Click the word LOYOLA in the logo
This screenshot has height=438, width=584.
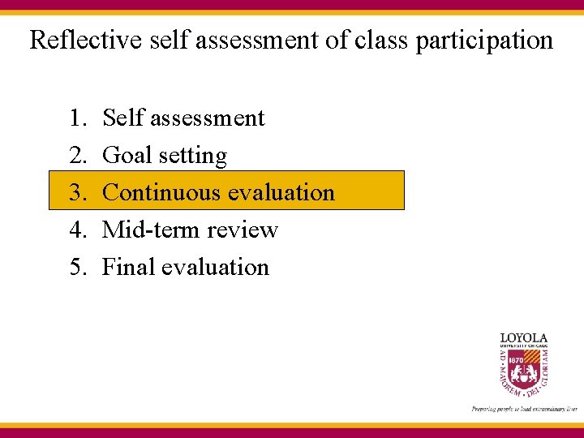pos(523,337)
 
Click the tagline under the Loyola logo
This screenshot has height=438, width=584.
pos(523,409)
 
